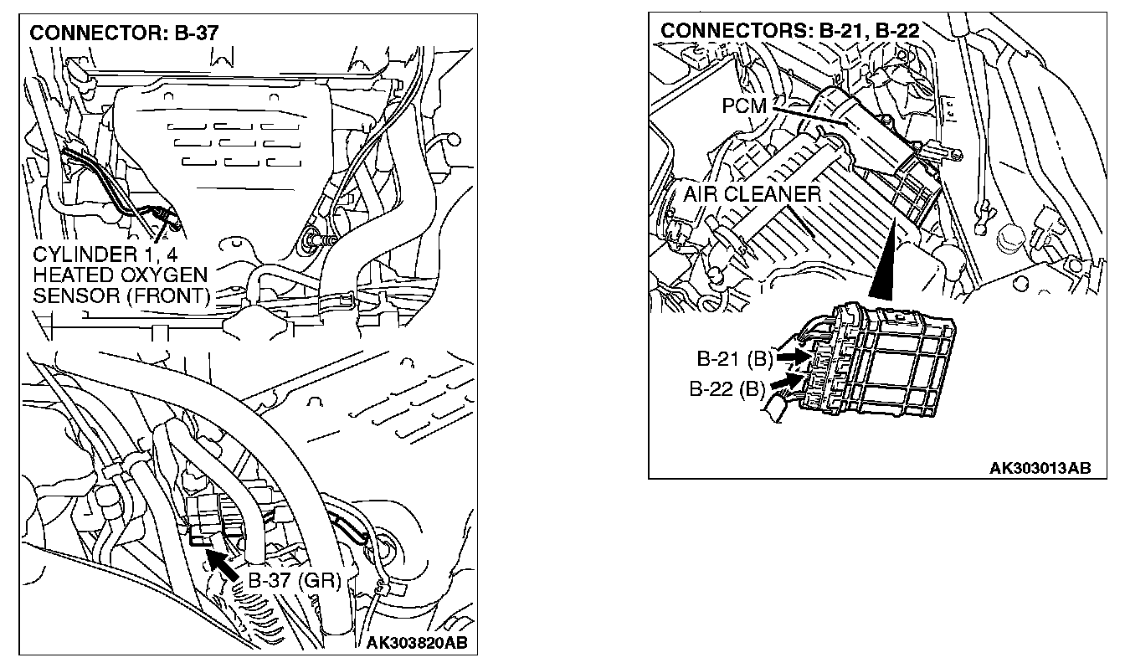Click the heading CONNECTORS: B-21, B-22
(789, 31)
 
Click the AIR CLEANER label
(752, 194)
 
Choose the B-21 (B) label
(734, 359)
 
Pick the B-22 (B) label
(726, 389)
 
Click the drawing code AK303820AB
(417, 643)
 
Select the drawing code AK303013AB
(1040, 468)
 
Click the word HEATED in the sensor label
(71, 275)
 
